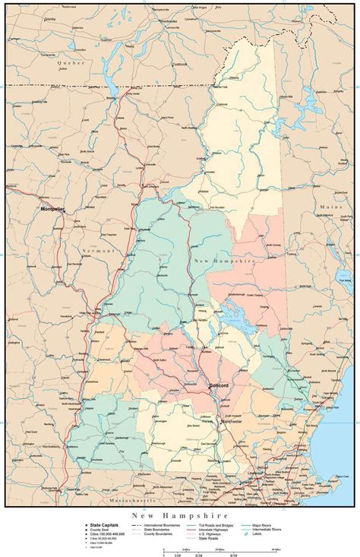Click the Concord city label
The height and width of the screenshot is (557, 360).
tap(219, 386)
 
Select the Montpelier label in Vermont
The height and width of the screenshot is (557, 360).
tap(54, 207)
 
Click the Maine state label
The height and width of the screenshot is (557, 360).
tap(330, 207)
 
